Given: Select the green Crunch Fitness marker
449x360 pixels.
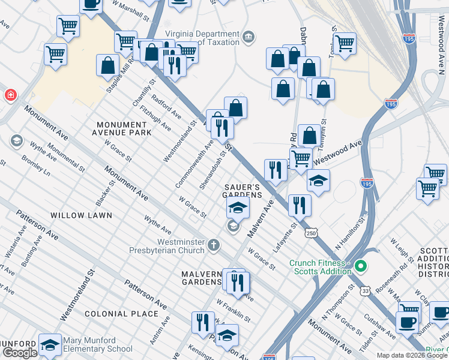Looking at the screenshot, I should click(x=360, y=265).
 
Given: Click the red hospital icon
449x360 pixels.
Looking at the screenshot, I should click(x=10, y=95).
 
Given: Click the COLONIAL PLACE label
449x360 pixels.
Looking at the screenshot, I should click(x=114, y=314).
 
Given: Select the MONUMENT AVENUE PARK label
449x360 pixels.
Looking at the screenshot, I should click(x=124, y=128).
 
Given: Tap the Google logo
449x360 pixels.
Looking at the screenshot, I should click(x=20, y=353).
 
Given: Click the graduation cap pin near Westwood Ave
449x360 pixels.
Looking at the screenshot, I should click(x=318, y=180).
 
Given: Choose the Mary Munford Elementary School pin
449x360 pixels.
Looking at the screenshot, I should click(x=50, y=345).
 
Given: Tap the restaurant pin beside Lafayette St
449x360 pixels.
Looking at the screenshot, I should click(x=299, y=205).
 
